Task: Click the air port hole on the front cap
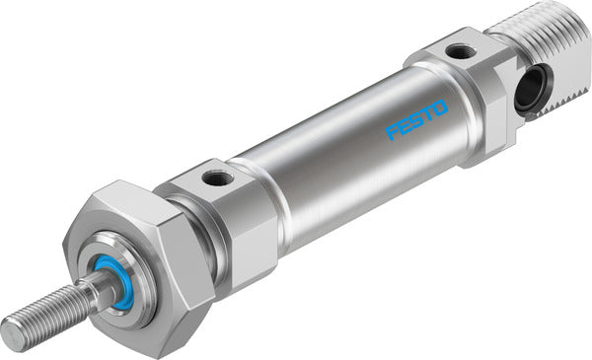[x=217, y=178]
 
